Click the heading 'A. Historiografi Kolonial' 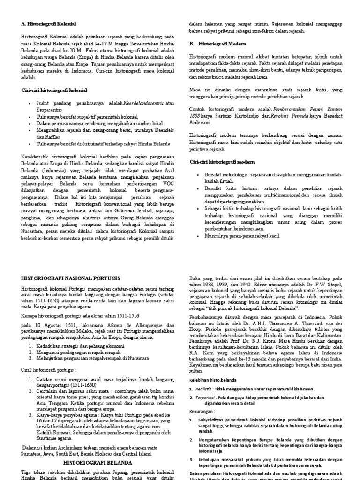tap(49, 23)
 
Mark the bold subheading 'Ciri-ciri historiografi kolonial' tap(54, 90)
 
